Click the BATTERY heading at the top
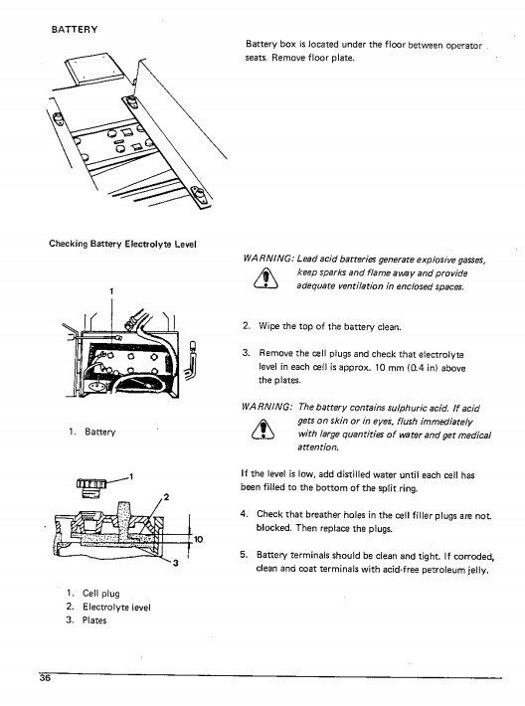point(75,29)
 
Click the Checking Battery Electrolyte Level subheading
point(122,244)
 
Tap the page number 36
point(45,678)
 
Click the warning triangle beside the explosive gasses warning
point(265,278)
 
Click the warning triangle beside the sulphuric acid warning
point(262,429)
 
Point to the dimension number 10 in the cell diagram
point(198,539)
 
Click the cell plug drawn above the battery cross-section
point(90,486)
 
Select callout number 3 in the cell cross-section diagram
point(176,563)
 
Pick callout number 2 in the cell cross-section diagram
point(166,497)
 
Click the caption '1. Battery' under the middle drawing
point(92,432)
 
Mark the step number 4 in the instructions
point(244,514)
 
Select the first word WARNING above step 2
point(268,259)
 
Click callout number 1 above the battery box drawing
point(111,291)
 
